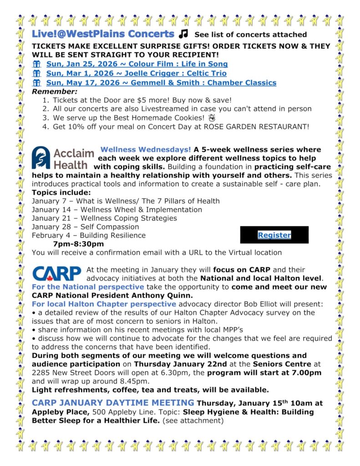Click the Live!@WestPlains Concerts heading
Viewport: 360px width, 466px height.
(103, 34)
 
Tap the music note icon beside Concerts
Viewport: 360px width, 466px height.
(183, 34)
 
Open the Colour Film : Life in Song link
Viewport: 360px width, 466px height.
(137, 64)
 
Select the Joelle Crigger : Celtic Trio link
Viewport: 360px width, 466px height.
(136, 73)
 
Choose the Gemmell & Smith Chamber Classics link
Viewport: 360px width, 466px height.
(161, 82)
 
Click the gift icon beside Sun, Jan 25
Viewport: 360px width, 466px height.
(36, 64)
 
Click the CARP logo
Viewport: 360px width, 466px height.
(56, 274)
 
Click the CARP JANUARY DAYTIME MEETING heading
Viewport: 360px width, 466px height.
(113, 402)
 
